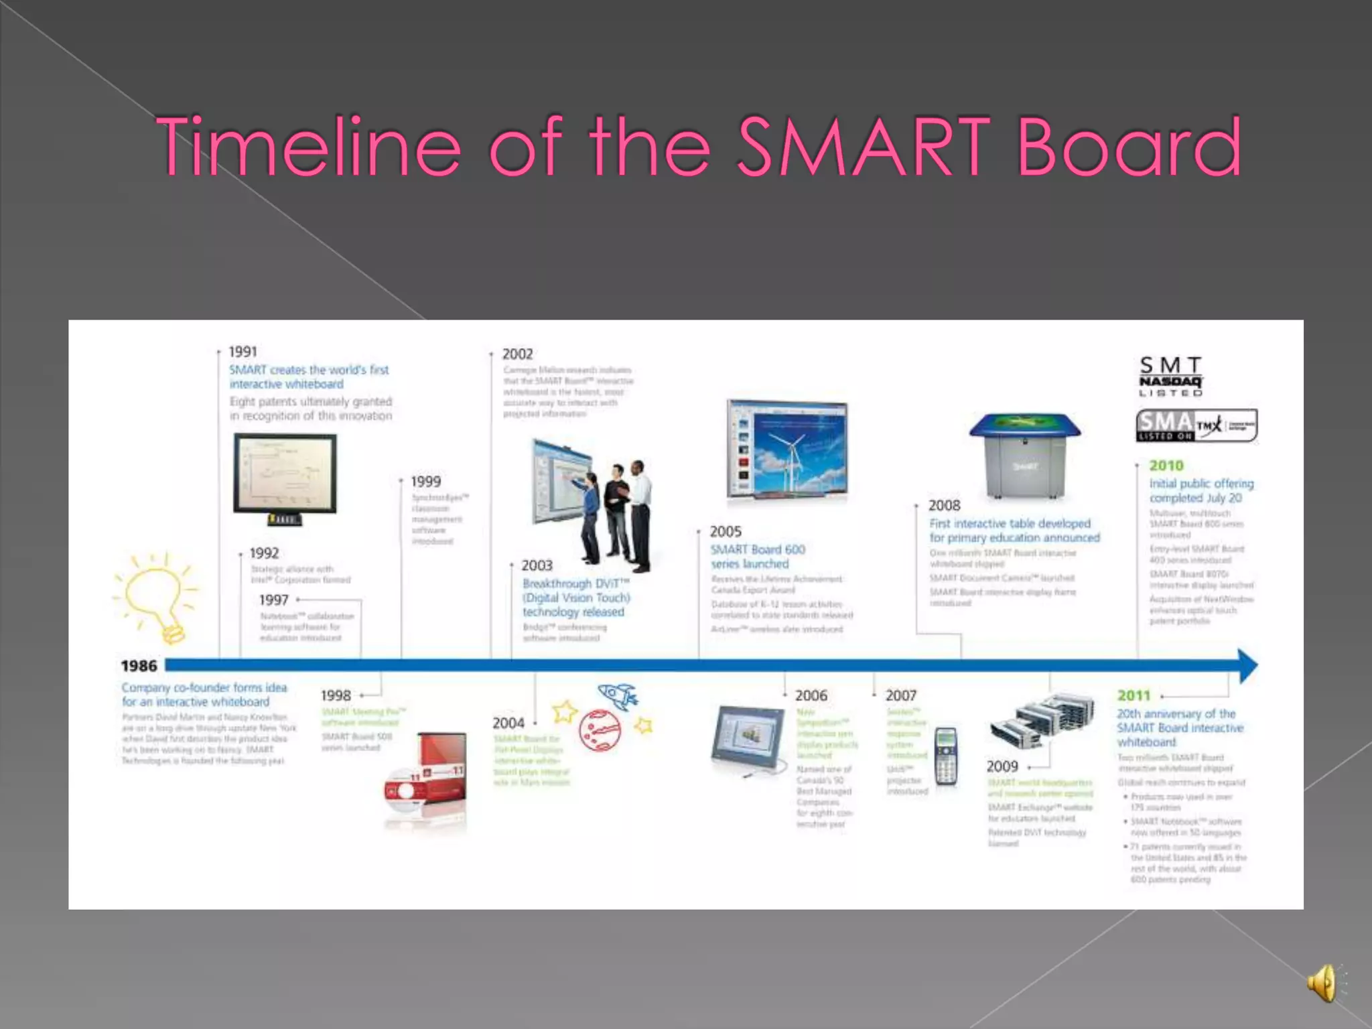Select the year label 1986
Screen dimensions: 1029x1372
click(x=139, y=666)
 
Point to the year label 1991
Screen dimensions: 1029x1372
click(x=243, y=352)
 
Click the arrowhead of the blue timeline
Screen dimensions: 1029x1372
click(x=1247, y=666)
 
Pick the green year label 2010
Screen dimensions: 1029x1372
click(x=1166, y=466)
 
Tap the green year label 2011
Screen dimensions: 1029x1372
click(x=1134, y=696)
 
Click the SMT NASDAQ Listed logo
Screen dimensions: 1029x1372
click(x=1171, y=376)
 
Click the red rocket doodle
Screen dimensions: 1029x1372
click(x=618, y=697)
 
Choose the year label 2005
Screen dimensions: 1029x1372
click(x=726, y=532)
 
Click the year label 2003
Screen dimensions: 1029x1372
click(x=537, y=566)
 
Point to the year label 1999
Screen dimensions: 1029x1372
click(x=426, y=482)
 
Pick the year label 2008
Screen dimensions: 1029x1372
click(x=944, y=506)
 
